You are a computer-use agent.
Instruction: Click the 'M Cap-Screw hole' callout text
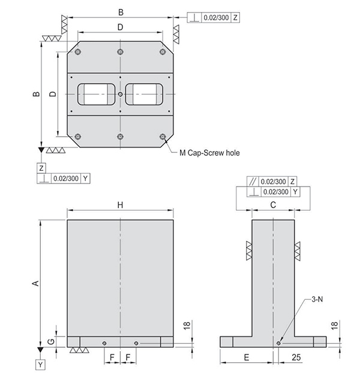click(x=209, y=153)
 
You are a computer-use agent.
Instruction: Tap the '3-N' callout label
click(x=317, y=299)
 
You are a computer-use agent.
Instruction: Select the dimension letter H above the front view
click(x=121, y=205)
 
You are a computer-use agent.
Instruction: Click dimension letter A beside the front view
click(x=35, y=283)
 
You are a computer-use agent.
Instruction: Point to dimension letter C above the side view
click(x=273, y=205)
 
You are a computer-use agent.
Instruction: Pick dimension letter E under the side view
click(x=247, y=357)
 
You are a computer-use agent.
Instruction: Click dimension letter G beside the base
click(x=51, y=342)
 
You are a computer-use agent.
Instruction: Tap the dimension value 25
click(x=296, y=357)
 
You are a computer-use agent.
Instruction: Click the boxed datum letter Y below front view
click(x=40, y=365)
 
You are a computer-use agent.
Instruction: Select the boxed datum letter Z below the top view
click(x=41, y=168)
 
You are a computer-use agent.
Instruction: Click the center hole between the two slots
click(x=121, y=94)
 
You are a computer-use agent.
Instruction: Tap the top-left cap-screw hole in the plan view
click(x=78, y=52)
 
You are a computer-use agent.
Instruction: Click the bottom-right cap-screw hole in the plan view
click(x=163, y=137)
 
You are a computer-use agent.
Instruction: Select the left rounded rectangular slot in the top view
click(x=97, y=94)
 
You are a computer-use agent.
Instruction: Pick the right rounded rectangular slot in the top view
click(x=144, y=94)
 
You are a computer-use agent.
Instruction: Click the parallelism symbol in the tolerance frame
click(x=253, y=182)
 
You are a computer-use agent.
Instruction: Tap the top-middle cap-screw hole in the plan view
click(x=121, y=52)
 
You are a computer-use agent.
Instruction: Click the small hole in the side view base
click(x=278, y=343)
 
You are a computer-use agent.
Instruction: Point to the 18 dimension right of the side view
click(x=334, y=326)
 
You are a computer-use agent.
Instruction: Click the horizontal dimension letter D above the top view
click(x=121, y=27)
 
